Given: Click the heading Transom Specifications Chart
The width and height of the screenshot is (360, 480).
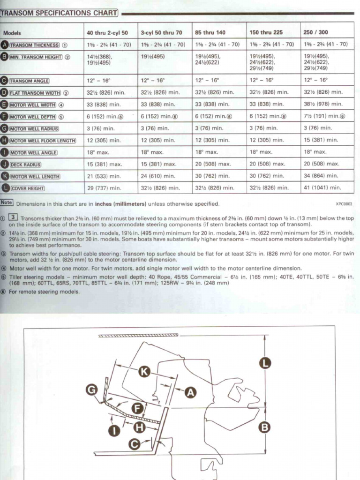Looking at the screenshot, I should pos(59,13).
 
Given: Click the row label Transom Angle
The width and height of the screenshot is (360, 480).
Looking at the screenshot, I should pos(36,81).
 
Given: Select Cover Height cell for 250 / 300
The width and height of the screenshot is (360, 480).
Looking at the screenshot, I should pos(322,188).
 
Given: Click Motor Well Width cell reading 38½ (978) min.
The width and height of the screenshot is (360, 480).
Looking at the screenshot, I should pos(323,104).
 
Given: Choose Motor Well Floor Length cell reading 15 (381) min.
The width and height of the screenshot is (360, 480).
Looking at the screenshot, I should pos(321,140).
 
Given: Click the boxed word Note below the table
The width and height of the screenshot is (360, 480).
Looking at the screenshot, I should pos(7,203).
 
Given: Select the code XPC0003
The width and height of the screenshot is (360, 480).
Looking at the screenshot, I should pos(344,204).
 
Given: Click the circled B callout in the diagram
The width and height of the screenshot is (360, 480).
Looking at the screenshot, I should pos(265,427).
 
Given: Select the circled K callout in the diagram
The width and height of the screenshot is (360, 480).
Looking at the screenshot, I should pos(144,372).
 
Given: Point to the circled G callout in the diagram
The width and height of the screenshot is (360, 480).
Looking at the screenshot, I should pos(92,389).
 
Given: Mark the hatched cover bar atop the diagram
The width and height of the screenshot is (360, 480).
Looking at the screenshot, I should pos(138,335).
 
